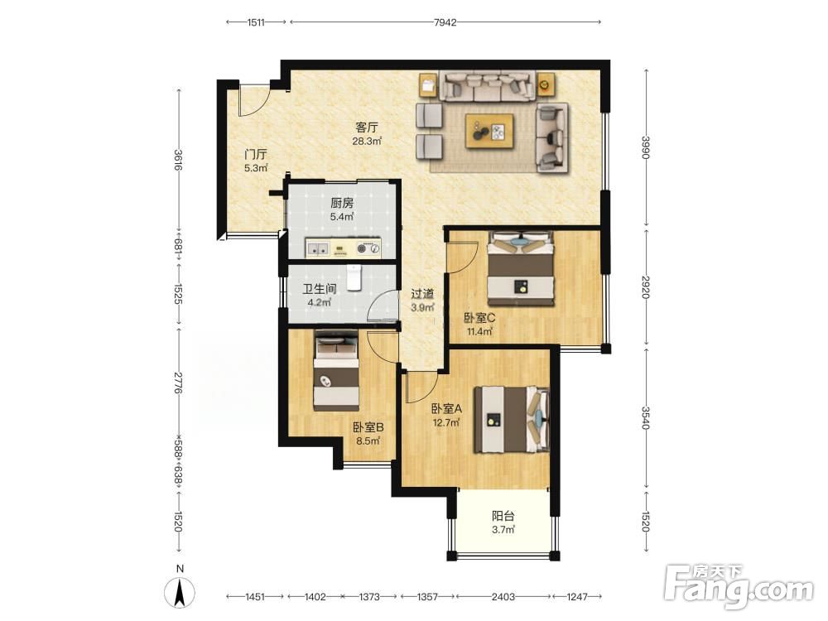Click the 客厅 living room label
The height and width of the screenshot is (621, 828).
point(367,128)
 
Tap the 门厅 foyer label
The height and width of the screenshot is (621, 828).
point(256,155)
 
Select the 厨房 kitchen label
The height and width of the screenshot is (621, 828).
point(342,203)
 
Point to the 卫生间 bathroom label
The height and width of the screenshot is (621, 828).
point(320,289)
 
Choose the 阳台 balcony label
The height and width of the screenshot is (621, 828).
point(503,516)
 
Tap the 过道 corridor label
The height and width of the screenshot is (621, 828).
point(422,294)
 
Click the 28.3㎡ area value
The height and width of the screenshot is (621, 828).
point(367,141)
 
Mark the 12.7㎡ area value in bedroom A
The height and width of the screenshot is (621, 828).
point(446,422)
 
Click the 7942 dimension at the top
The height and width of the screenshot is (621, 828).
point(445,22)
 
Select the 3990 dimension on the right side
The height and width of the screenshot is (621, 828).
point(646,147)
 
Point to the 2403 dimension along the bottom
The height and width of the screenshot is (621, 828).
point(503,597)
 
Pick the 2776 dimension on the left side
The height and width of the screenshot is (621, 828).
point(178,381)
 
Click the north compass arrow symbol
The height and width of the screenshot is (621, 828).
point(180,592)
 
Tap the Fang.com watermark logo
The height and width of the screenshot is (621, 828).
point(739,586)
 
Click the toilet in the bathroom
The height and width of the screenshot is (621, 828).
point(354,277)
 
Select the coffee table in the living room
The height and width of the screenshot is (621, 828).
point(489,131)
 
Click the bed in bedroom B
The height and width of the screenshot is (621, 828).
point(336,371)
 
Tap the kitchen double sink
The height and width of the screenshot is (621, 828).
point(317,248)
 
